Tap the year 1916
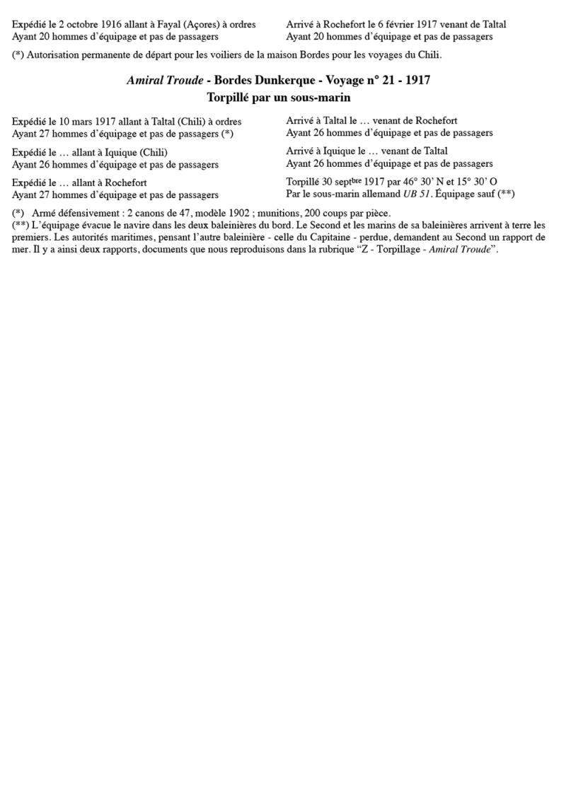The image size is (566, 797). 112,24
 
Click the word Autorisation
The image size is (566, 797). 58,54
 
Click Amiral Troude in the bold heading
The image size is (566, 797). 164,81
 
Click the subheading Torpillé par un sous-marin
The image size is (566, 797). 279,97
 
